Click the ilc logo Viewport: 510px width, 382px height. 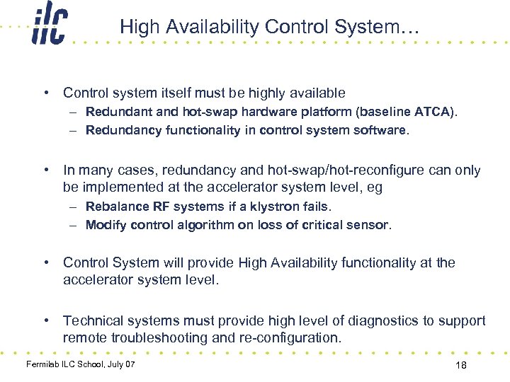pos(49,27)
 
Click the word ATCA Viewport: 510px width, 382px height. pos(435,112)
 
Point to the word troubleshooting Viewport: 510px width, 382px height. pos(161,337)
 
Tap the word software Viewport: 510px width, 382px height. pos(384,130)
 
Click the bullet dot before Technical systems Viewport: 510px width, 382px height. pos(46,320)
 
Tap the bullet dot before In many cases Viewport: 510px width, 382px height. pos(46,170)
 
